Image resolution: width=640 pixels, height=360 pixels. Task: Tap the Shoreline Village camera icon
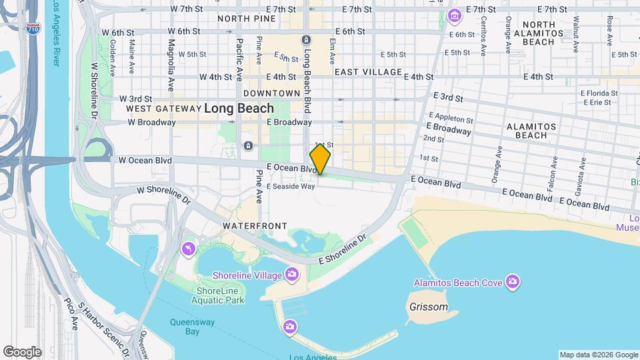pos(291,274)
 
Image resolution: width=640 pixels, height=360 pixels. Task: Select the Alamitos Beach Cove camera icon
pos(512,282)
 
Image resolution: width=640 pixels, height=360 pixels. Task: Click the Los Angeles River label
pos(53,33)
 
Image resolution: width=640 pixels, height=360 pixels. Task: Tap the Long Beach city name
pos(239,108)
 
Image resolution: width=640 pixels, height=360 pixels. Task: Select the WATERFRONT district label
pos(255,226)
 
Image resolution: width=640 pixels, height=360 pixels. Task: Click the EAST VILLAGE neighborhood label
pos(368,72)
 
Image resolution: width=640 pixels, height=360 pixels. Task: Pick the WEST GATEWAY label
pos(163,109)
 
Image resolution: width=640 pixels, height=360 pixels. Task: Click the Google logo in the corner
pos(22,351)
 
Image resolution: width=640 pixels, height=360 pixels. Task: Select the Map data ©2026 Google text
pos(598,355)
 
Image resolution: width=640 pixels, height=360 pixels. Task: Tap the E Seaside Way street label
pos(291,187)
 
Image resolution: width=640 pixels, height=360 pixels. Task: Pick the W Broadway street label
pos(147,123)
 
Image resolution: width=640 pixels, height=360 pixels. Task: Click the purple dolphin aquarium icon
pos(189,249)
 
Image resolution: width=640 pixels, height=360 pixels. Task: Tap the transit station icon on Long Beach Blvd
pos(306,40)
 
